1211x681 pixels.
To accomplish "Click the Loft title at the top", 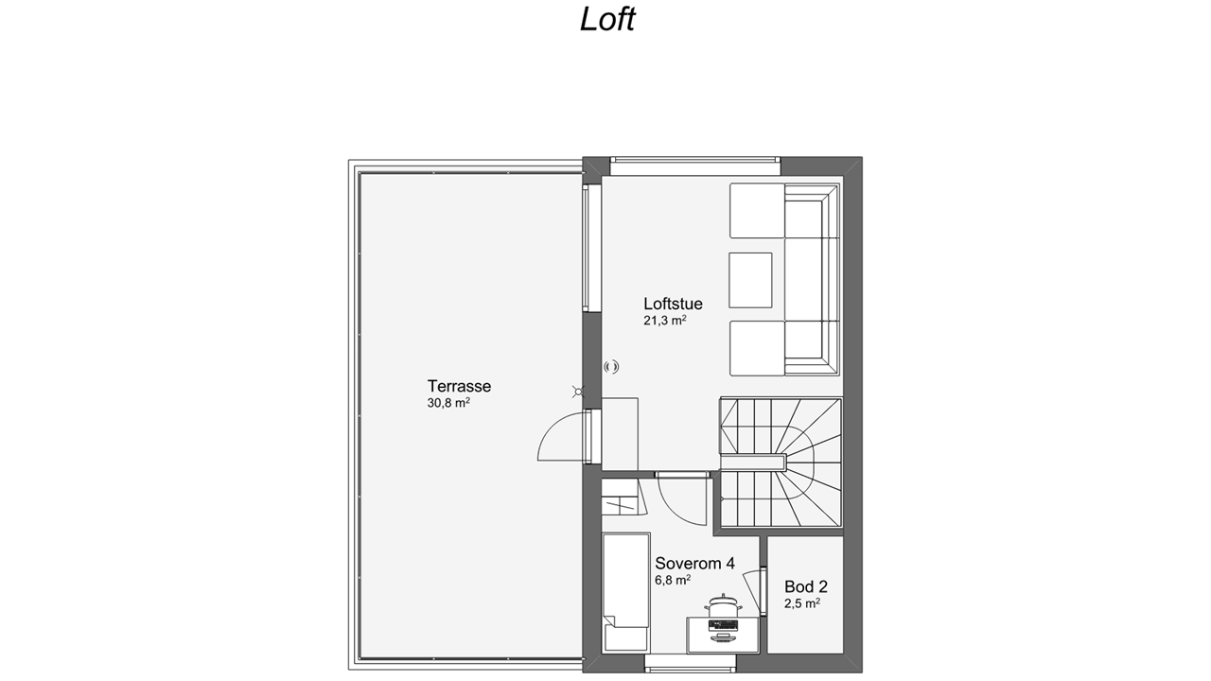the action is pos(607,20).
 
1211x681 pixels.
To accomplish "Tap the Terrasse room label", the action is pos(459,386).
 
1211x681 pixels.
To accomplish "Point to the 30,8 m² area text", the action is pos(448,403).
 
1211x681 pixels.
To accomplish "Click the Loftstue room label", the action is pos(673,304).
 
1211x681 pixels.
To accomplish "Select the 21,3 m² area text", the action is pos(664,320).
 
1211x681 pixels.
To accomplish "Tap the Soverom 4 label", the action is pos(694,563).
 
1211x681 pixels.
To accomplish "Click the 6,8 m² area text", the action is pos(673,580).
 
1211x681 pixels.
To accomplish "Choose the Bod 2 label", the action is pos(805,586).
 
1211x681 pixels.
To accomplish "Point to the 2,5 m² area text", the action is pos(802,603).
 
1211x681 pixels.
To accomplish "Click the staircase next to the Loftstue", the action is pos(781,463).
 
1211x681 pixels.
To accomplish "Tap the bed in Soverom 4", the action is pos(626,592).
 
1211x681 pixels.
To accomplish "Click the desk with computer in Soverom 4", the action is pos(723,635).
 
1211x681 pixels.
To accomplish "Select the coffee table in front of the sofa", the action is pos(750,280).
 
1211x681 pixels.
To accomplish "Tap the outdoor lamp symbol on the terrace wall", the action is pos(578,392).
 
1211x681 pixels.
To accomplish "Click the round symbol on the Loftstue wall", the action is pos(611,367).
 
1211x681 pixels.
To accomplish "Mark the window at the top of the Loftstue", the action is pos(695,166).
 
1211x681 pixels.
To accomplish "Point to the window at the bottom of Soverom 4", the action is pos(691,663).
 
